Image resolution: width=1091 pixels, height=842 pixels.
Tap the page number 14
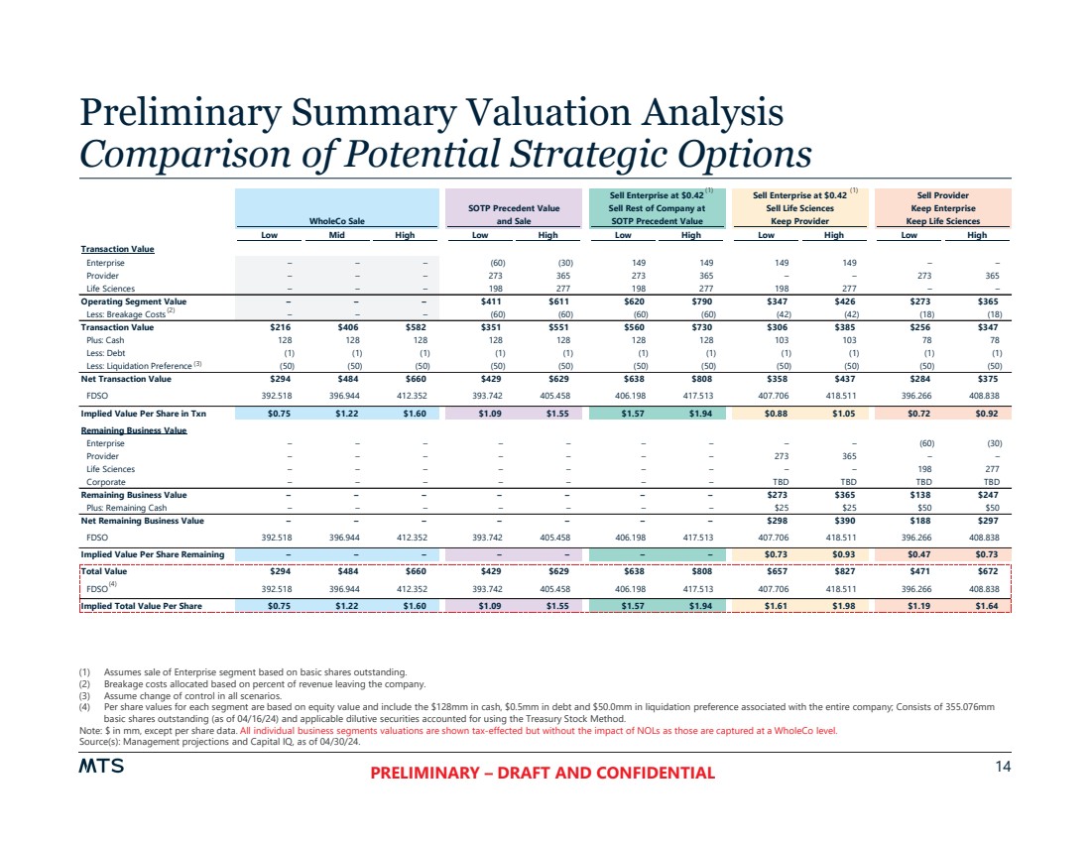point(1003,767)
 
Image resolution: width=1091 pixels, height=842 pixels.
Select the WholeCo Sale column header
point(337,221)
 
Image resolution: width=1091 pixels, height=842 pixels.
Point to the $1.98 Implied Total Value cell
point(834,605)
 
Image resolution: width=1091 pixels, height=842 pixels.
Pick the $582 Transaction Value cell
point(423,326)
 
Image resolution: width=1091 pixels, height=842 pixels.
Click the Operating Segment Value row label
point(133,301)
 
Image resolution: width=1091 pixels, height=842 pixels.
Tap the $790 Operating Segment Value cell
point(690,301)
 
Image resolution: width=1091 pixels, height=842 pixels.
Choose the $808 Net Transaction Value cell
point(690,378)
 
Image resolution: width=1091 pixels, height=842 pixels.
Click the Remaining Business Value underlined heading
point(133,430)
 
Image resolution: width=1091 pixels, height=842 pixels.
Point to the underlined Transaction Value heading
point(117,249)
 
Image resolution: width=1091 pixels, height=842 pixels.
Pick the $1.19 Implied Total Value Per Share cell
point(909,605)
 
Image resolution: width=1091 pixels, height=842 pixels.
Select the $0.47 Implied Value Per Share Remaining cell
point(909,553)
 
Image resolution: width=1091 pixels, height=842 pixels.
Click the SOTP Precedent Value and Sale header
point(513,215)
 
